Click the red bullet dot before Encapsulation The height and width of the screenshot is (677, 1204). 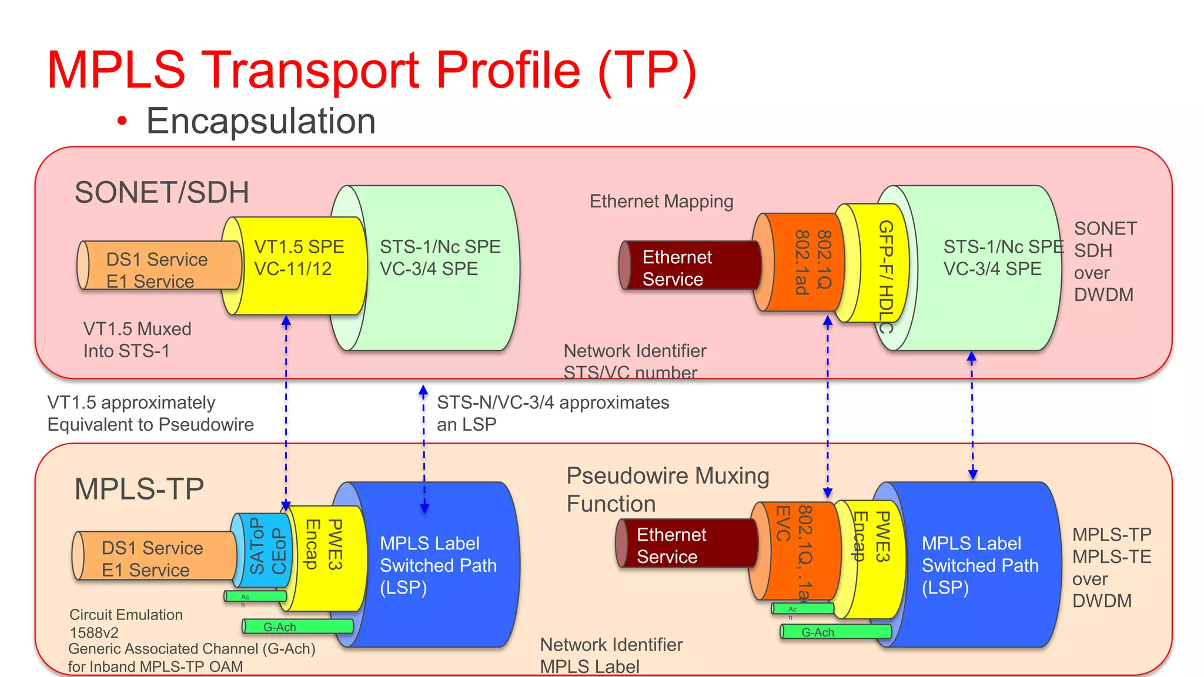point(122,121)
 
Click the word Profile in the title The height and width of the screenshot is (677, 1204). point(508,70)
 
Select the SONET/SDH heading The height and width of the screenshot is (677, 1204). point(162,193)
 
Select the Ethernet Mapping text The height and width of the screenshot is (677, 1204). point(661,202)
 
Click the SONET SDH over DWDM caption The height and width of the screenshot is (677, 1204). point(1105,262)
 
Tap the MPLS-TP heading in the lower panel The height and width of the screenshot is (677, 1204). point(139,489)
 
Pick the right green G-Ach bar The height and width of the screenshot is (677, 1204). point(835,632)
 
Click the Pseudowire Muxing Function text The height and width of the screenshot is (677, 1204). point(667,490)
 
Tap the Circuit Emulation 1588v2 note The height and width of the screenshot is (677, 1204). point(126,623)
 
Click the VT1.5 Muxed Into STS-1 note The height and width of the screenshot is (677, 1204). point(137,340)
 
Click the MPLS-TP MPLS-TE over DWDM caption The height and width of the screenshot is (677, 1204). point(1111,568)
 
